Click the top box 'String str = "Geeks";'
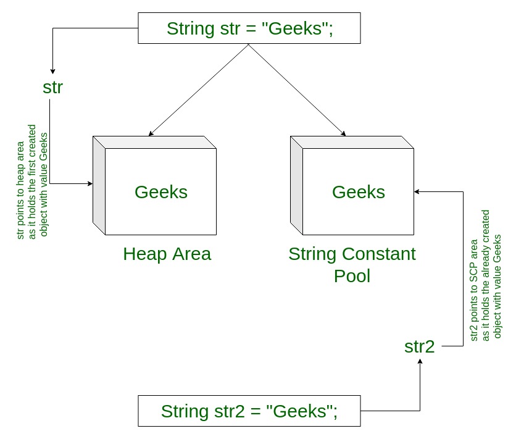click(249, 28)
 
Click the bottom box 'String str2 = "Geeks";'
click(249, 411)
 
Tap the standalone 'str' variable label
click(52, 87)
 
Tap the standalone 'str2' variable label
click(419, 346)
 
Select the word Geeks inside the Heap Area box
click(161, 192)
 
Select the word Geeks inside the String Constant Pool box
click(359, 192)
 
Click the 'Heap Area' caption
click(167, 254)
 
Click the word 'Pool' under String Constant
click(352, 276)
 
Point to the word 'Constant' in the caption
click(379, 254)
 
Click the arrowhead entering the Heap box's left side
click(90, 183)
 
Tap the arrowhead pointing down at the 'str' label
click(52, 71)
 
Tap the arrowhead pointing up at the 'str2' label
click(420, 362)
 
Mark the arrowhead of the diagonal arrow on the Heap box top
click(151, 133)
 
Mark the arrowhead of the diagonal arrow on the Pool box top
click(343, 133)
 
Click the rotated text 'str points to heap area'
click(20, 190)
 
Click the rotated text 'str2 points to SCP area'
click(473, 290)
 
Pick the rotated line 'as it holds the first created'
click(32, 182)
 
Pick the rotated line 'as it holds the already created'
click(485, 275)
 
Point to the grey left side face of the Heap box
click(99, 185)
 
